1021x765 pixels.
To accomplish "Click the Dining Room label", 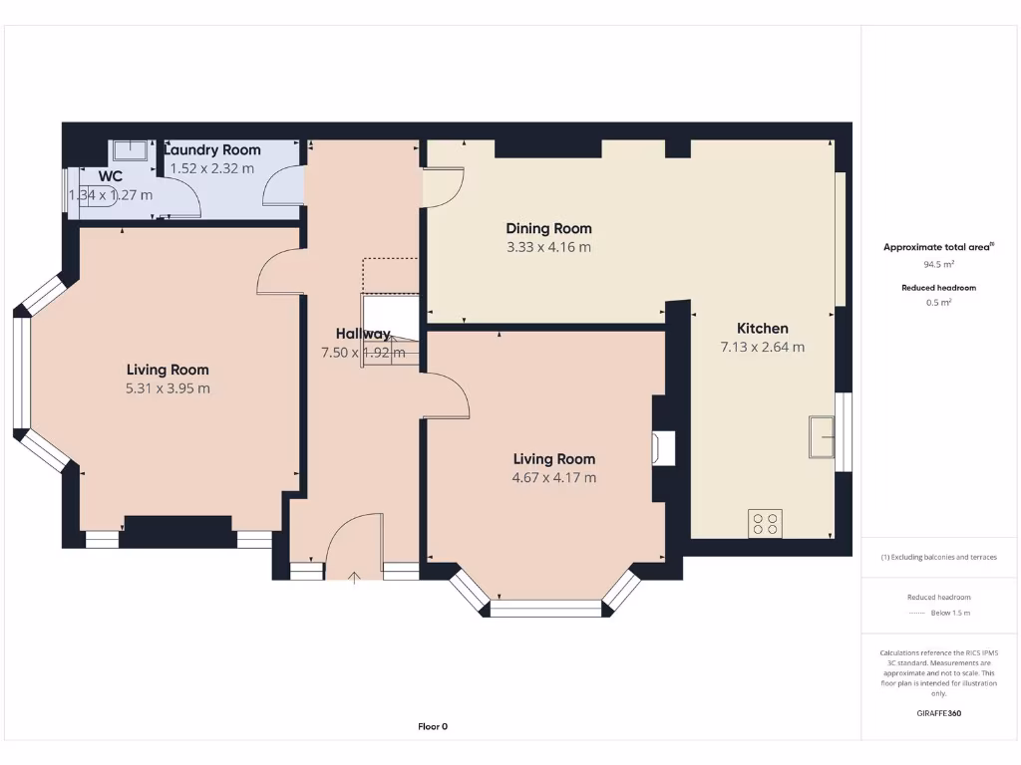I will (x=548, y=228).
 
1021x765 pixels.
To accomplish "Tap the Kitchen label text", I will (x=762, y=328).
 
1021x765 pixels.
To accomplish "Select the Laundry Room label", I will (x=212, y=150).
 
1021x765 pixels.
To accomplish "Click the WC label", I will (x=110, y=176).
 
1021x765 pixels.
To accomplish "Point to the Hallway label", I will (x=362, y=334).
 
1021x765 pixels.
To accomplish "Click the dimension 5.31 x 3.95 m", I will (x=168, y=388).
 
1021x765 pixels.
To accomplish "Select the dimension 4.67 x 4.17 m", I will (x=554, y=477).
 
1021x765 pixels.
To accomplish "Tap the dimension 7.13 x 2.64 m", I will (x=762, y=348).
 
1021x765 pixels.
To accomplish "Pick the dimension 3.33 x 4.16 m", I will (x=548, y=247).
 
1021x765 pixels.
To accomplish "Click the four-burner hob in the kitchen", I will (x=765, y=523).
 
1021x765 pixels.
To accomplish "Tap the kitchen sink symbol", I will (x=822, y=436).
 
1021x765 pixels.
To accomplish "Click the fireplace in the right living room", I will (x=662, y=447).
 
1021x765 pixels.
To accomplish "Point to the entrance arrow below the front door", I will (x=355, y=576).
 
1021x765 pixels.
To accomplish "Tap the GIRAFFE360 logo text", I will (x=938, y=713).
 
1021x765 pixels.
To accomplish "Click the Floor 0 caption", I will (x=433, y=726).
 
